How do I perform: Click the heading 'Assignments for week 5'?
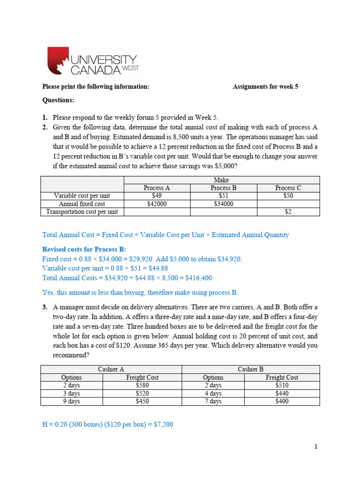(265, 87)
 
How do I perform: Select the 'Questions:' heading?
(58, 100)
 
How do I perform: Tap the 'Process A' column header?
(157, 188)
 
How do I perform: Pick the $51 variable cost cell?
(224, 196)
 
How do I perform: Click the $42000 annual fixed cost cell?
(157, 204)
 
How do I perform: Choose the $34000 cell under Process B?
(224, 204)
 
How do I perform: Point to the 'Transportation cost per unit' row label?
(82, 212)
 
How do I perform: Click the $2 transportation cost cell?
(288, 212)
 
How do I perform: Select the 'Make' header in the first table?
(221, 180)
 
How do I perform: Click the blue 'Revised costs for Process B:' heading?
(84, 249)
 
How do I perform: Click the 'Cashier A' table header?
(111, 369)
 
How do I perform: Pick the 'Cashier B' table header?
(250, 369)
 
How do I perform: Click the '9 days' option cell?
(71, 401)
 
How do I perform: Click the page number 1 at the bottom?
(316, 447)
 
